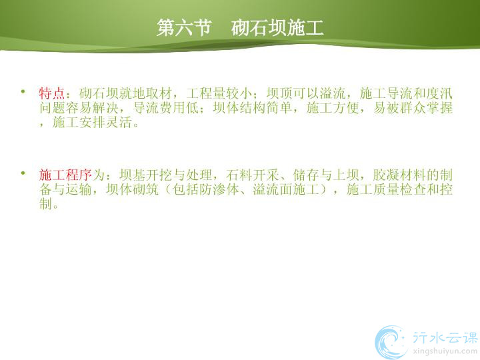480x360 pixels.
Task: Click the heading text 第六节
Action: tap(184, 27)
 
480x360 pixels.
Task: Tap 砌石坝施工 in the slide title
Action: tap(277, 27)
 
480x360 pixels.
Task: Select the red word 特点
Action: tap(52, 94)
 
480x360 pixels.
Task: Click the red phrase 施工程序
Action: tap(65, 175)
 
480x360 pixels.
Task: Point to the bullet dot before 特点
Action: tap(23, 91)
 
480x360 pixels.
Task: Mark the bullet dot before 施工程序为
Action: tap(23, 173)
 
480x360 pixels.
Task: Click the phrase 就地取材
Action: tap(145, 94)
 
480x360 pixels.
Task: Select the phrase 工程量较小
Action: tap(219, 94)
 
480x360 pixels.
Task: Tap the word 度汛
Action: tap(439, 94)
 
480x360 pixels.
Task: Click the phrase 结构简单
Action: tap(266, 108)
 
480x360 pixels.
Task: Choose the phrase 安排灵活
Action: tap(105, 123)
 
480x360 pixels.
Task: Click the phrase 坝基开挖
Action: tap(145, 175)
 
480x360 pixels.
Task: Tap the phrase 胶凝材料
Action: tap(399, 175)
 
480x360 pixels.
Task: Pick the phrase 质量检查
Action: tap(399, 189)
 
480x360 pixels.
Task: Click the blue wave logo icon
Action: tap(391, 342)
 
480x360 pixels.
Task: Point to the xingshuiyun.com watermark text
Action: tap(445, 351)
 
